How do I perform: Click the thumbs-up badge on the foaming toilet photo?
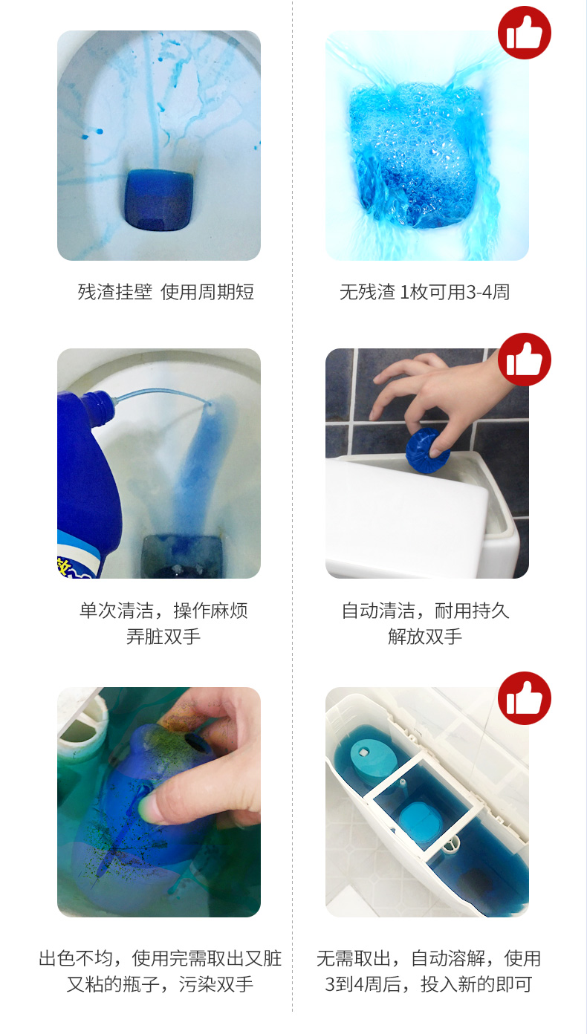[x=524, y=33]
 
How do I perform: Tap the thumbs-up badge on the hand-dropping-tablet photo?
[x=524, y=359]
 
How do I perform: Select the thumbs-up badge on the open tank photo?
[x=524, y=698]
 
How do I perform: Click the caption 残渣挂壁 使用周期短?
[x=166, y=292]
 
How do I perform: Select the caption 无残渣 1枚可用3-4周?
[x=424, y=292]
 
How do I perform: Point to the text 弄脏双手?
[x=163, y=637]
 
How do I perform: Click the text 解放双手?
[x=425, y=637]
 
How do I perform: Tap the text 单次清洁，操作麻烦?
[x=163, y=611]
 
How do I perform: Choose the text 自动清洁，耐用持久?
[x=425, y=611]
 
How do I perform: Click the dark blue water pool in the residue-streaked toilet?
[x=159, y=200]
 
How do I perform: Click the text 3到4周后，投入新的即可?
[x=428, y=984]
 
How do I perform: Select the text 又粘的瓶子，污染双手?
[x=160, y=984]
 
